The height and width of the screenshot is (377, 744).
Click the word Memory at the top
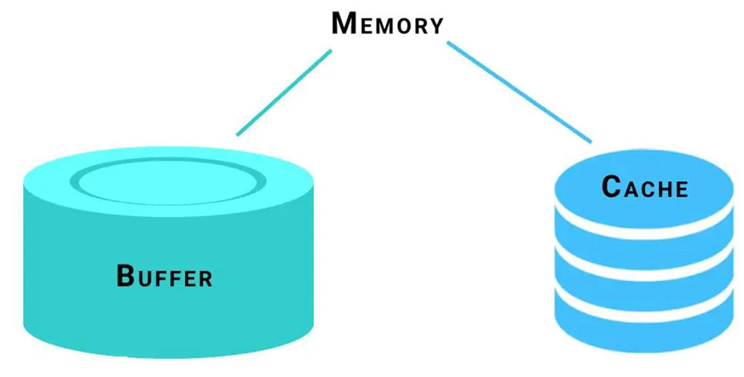[387, 23]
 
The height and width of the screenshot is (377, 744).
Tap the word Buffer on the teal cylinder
[164, 276]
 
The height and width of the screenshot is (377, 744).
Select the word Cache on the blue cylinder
[645, 187]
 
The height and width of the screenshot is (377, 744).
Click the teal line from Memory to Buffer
[284, 93]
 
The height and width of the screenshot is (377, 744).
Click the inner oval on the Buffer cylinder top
[164, 182]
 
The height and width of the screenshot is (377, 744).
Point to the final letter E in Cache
[680, 188]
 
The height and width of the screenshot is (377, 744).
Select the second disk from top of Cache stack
[644, 248]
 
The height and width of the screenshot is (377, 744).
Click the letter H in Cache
[663, 188]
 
